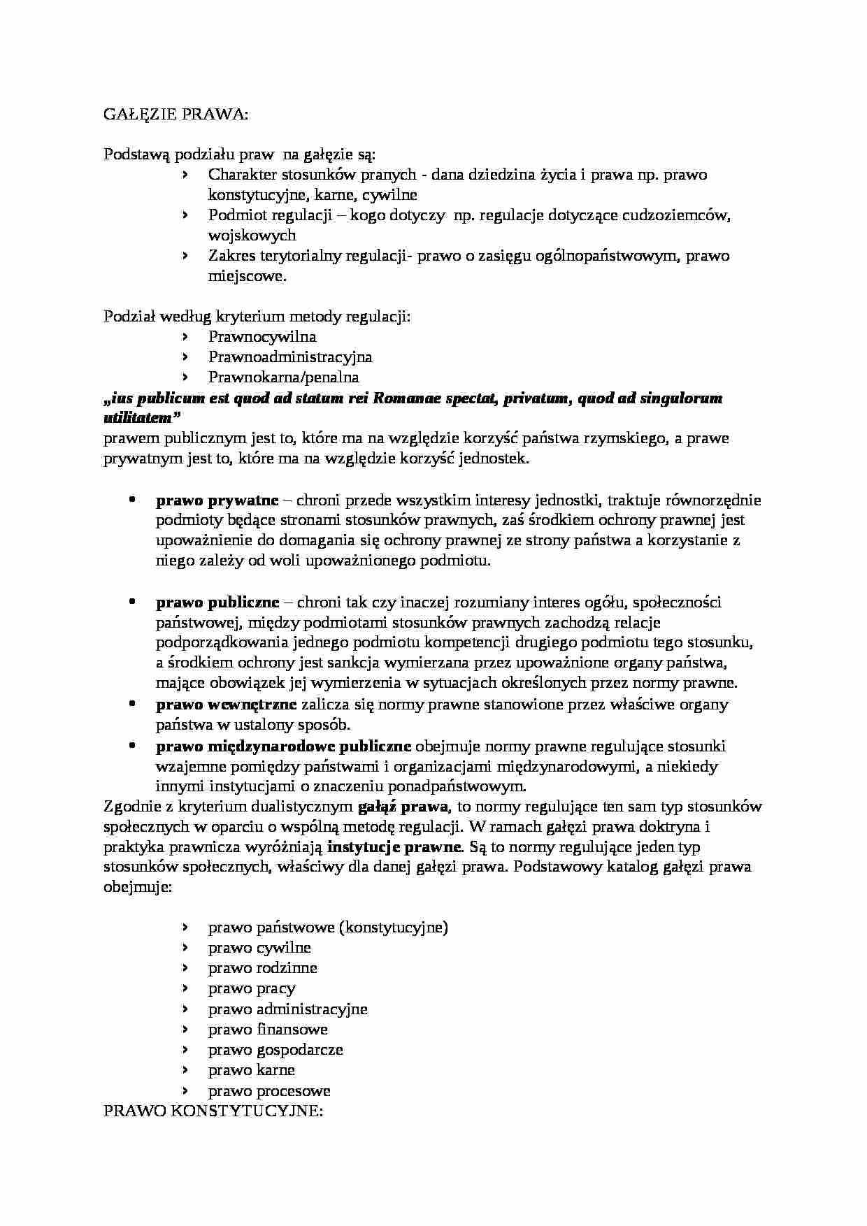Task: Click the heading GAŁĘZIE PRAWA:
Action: tap(175, 115)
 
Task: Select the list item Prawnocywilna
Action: tap(262, 337)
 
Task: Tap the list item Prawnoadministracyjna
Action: tap(290, 357)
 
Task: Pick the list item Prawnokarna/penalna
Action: tap(283, 377)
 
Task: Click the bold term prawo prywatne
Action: tap(217, 500)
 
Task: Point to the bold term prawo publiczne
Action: tap(217, 603)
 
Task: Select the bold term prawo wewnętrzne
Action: tap(227, 705)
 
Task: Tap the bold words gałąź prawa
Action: tap(403, 807)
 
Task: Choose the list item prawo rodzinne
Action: tap(262, 968)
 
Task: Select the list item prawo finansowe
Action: tap(268, 1030)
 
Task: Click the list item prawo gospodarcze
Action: tap(275, 1050)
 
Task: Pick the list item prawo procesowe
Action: tap(269, 1091)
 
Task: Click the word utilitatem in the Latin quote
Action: tap(137, 418)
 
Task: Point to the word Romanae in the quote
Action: tap(406, 398)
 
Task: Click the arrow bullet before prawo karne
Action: tap(185, 1070)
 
